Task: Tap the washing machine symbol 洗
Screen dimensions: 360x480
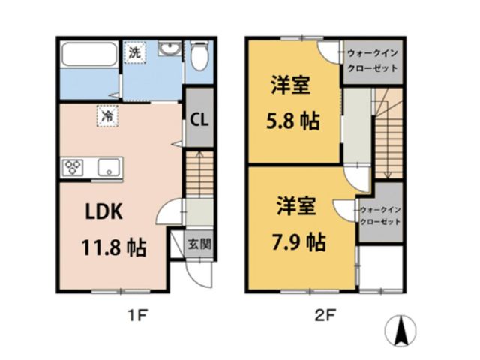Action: pos(133,53)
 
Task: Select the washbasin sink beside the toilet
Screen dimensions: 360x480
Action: pos(167,50)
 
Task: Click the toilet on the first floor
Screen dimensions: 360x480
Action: pos(200,56)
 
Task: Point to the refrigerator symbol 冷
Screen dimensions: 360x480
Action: pos(108,115)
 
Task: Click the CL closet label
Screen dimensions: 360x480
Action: pos(198,118)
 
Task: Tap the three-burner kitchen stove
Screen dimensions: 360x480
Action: pos(74,166)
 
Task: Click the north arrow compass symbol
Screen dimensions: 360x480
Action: pos(400,329)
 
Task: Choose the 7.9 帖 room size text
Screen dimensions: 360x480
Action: pos(298,241)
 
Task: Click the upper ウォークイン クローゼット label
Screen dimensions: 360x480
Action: pos(371,59)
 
